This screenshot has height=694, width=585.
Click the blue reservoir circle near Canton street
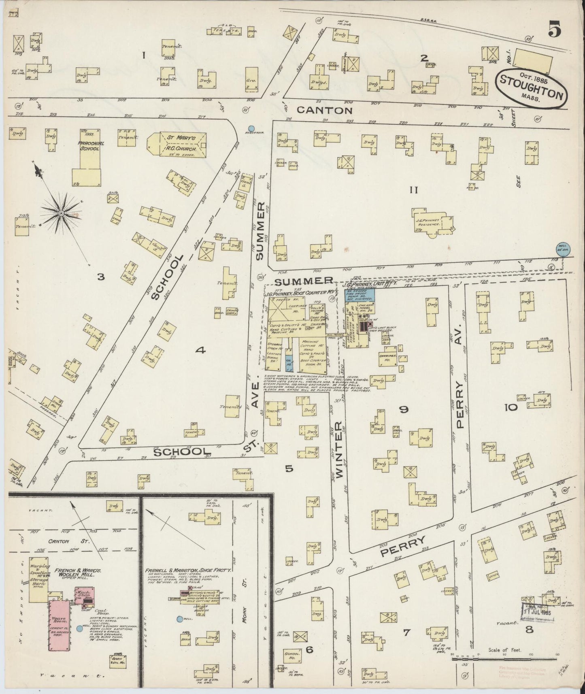251,129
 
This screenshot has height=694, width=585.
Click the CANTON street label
325,110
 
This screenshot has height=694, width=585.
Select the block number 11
413,189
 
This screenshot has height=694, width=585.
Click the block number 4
200,351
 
